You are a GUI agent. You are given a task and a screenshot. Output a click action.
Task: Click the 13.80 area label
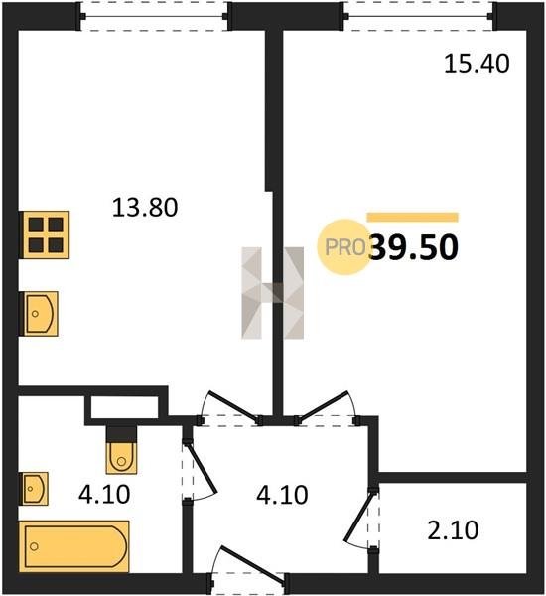[145, 208]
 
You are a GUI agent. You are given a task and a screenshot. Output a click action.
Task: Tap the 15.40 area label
[477, 64]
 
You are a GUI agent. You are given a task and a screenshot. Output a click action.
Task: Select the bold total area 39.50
[414, 247]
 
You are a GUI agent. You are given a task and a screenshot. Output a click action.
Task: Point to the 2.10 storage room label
[453, 531]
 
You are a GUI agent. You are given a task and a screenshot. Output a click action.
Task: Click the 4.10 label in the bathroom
[104, 495]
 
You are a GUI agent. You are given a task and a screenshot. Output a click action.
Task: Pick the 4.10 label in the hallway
[282, 495]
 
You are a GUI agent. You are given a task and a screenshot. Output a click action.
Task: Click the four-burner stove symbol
[45, 234]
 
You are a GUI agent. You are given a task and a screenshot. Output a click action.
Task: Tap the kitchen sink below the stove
[39, 314]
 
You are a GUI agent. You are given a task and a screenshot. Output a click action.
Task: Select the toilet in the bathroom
[121, 450]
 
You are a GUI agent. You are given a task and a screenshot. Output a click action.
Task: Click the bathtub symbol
[74, 546]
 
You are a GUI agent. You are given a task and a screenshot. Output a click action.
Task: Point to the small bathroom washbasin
[34, 489]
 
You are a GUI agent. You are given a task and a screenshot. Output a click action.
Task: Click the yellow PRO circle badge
[343, 247]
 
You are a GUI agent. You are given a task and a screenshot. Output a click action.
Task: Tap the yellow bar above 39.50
[413, 217]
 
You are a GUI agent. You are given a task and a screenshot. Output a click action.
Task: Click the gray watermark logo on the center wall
[273, 293]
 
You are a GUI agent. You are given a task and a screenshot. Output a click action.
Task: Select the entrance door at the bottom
[249, 565]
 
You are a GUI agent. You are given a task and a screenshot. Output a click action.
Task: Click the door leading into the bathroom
[200, 469]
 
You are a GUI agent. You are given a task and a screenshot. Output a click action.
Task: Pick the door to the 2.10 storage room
[361, 518]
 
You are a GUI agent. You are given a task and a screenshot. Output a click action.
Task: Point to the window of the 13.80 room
[154, 16]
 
